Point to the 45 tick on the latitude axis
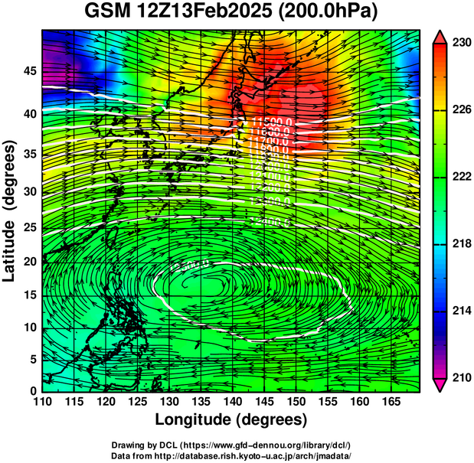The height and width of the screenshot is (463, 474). [29, 71]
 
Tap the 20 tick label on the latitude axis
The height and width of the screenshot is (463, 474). [29, 262]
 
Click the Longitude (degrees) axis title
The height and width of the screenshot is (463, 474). [231, 420]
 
